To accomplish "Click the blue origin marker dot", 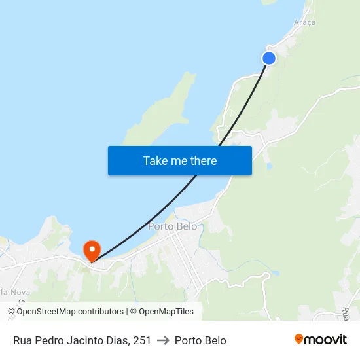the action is coord(269,58).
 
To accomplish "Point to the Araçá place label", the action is coord(304,22).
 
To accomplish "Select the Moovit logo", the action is coord(320,340).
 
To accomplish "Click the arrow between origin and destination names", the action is coord(163,340).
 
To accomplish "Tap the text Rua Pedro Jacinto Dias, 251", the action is coord(82,340).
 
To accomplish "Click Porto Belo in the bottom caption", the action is coord(200,340).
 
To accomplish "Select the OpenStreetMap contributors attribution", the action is coord(65,312).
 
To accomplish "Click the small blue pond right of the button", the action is coord(269,166).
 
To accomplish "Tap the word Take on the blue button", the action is coord(155,160).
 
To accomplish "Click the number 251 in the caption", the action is coord(142,340).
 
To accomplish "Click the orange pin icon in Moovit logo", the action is coord(299,340).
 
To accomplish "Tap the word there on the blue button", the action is coord(203,160).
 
